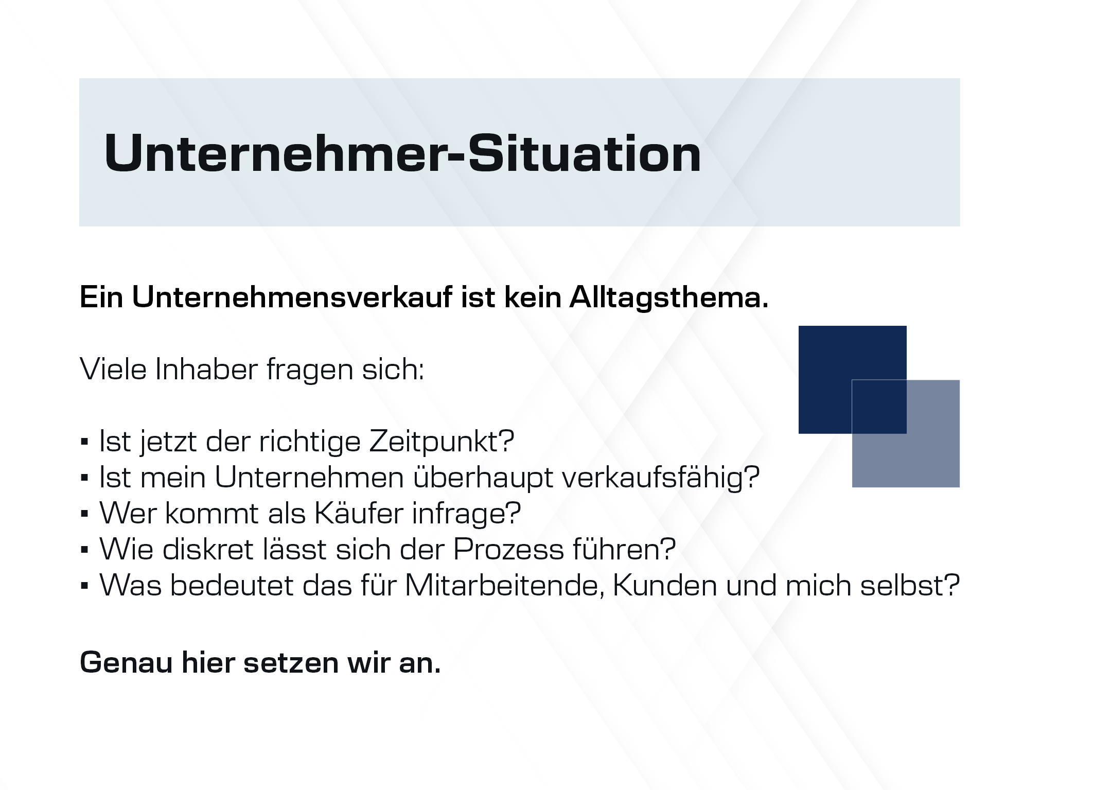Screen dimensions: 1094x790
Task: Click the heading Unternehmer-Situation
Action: (x=402, y=153)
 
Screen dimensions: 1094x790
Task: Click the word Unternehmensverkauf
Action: (x=292, y=297)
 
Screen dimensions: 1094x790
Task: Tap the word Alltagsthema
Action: (x=669, y=298)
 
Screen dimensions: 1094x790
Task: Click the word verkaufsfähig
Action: (x=661, y=478)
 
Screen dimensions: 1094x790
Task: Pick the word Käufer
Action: (x=359, y=513)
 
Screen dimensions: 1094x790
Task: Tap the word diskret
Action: (x=208, y=549)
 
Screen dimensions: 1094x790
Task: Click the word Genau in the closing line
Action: (x=126, y=662)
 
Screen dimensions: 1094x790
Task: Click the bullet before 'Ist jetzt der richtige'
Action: (x=85, y=443)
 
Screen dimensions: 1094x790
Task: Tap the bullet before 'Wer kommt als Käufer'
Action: (x=85, y=515)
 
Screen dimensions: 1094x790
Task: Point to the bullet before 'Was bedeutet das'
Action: (x=85, y=587)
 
